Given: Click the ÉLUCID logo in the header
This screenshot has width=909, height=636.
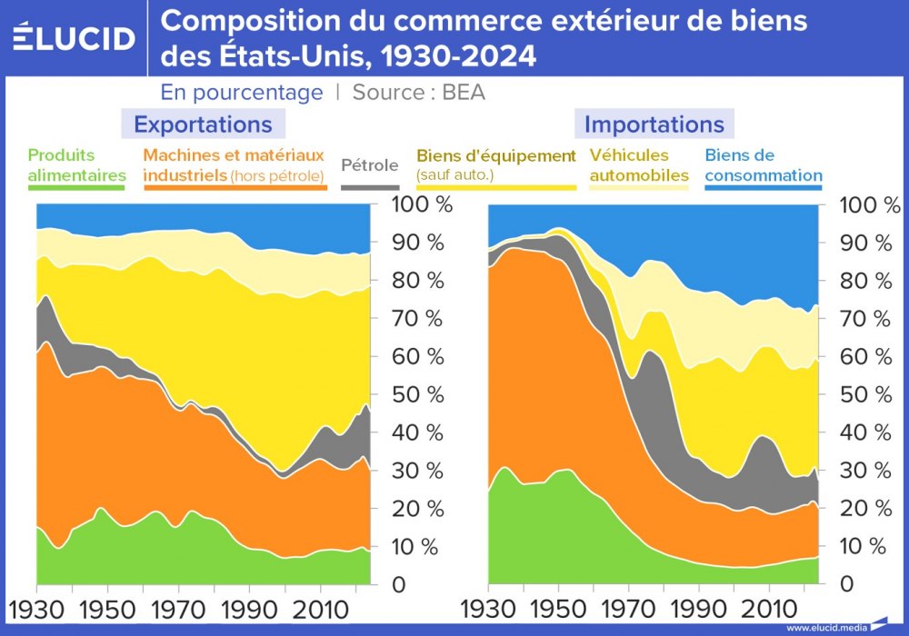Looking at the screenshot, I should [x=75, y=37].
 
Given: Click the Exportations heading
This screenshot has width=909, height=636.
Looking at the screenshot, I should [x=203, y=124].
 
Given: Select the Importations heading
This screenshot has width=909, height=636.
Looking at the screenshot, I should [x=654, y=124].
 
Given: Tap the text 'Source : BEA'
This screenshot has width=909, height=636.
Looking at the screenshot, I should [x=418, y=93].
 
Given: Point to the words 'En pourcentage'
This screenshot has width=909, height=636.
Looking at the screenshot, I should [x=242, y=93].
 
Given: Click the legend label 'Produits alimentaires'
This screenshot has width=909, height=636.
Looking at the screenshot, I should [x=77, y=164].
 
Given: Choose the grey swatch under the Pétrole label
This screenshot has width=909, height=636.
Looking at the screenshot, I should [x=369, y=185].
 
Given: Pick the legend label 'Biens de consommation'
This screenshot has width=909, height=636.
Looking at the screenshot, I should [x=763, y=164].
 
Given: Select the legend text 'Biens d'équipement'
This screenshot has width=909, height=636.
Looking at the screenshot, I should [x=496, y=155].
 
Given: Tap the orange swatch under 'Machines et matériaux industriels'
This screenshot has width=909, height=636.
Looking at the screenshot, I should [x=235, y=185].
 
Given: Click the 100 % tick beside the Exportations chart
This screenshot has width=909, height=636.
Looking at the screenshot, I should [x=422, y=204].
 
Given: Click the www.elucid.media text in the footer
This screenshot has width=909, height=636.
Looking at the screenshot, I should [x=825, y=627].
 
